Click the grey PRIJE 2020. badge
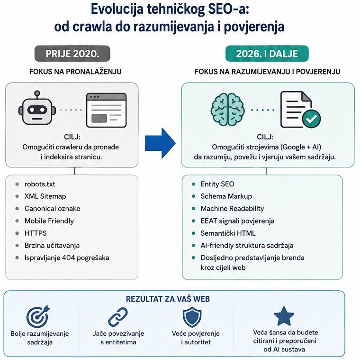pyautogui.click(x=72, y=54)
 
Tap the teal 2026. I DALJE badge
pyautogui.click(x=267, y=54)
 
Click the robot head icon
pyautogui.click(x=37, y=108)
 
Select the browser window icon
pyautogui.click(x=106, y=110)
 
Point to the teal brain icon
pyautogui.click(x=227, y=109)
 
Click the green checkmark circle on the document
pyautogui.click(x=311, y=119)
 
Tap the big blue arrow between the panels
pyautogui.click(x=160, y=143)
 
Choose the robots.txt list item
pyautogui.click(x=40, y=184)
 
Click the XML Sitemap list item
pyautogui.click(x=45, y=196)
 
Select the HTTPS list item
pyautogui.click(x=36, y=233)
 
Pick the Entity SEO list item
pyautogui.click(x=217, y=184)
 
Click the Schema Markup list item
pyautogui.click(x=226, y=196)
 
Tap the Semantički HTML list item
pyautogui.click(x=228, y=233)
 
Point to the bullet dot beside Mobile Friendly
pyautogui.click(x=17, y=221)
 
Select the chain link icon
pyautogui.click(x=118, y=317)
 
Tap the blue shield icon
pyautogui.click(x=192, y=317)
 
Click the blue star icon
pyautogui.click(x=284, y=316)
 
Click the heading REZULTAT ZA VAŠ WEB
pyautogui.click(x=168, y=299)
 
